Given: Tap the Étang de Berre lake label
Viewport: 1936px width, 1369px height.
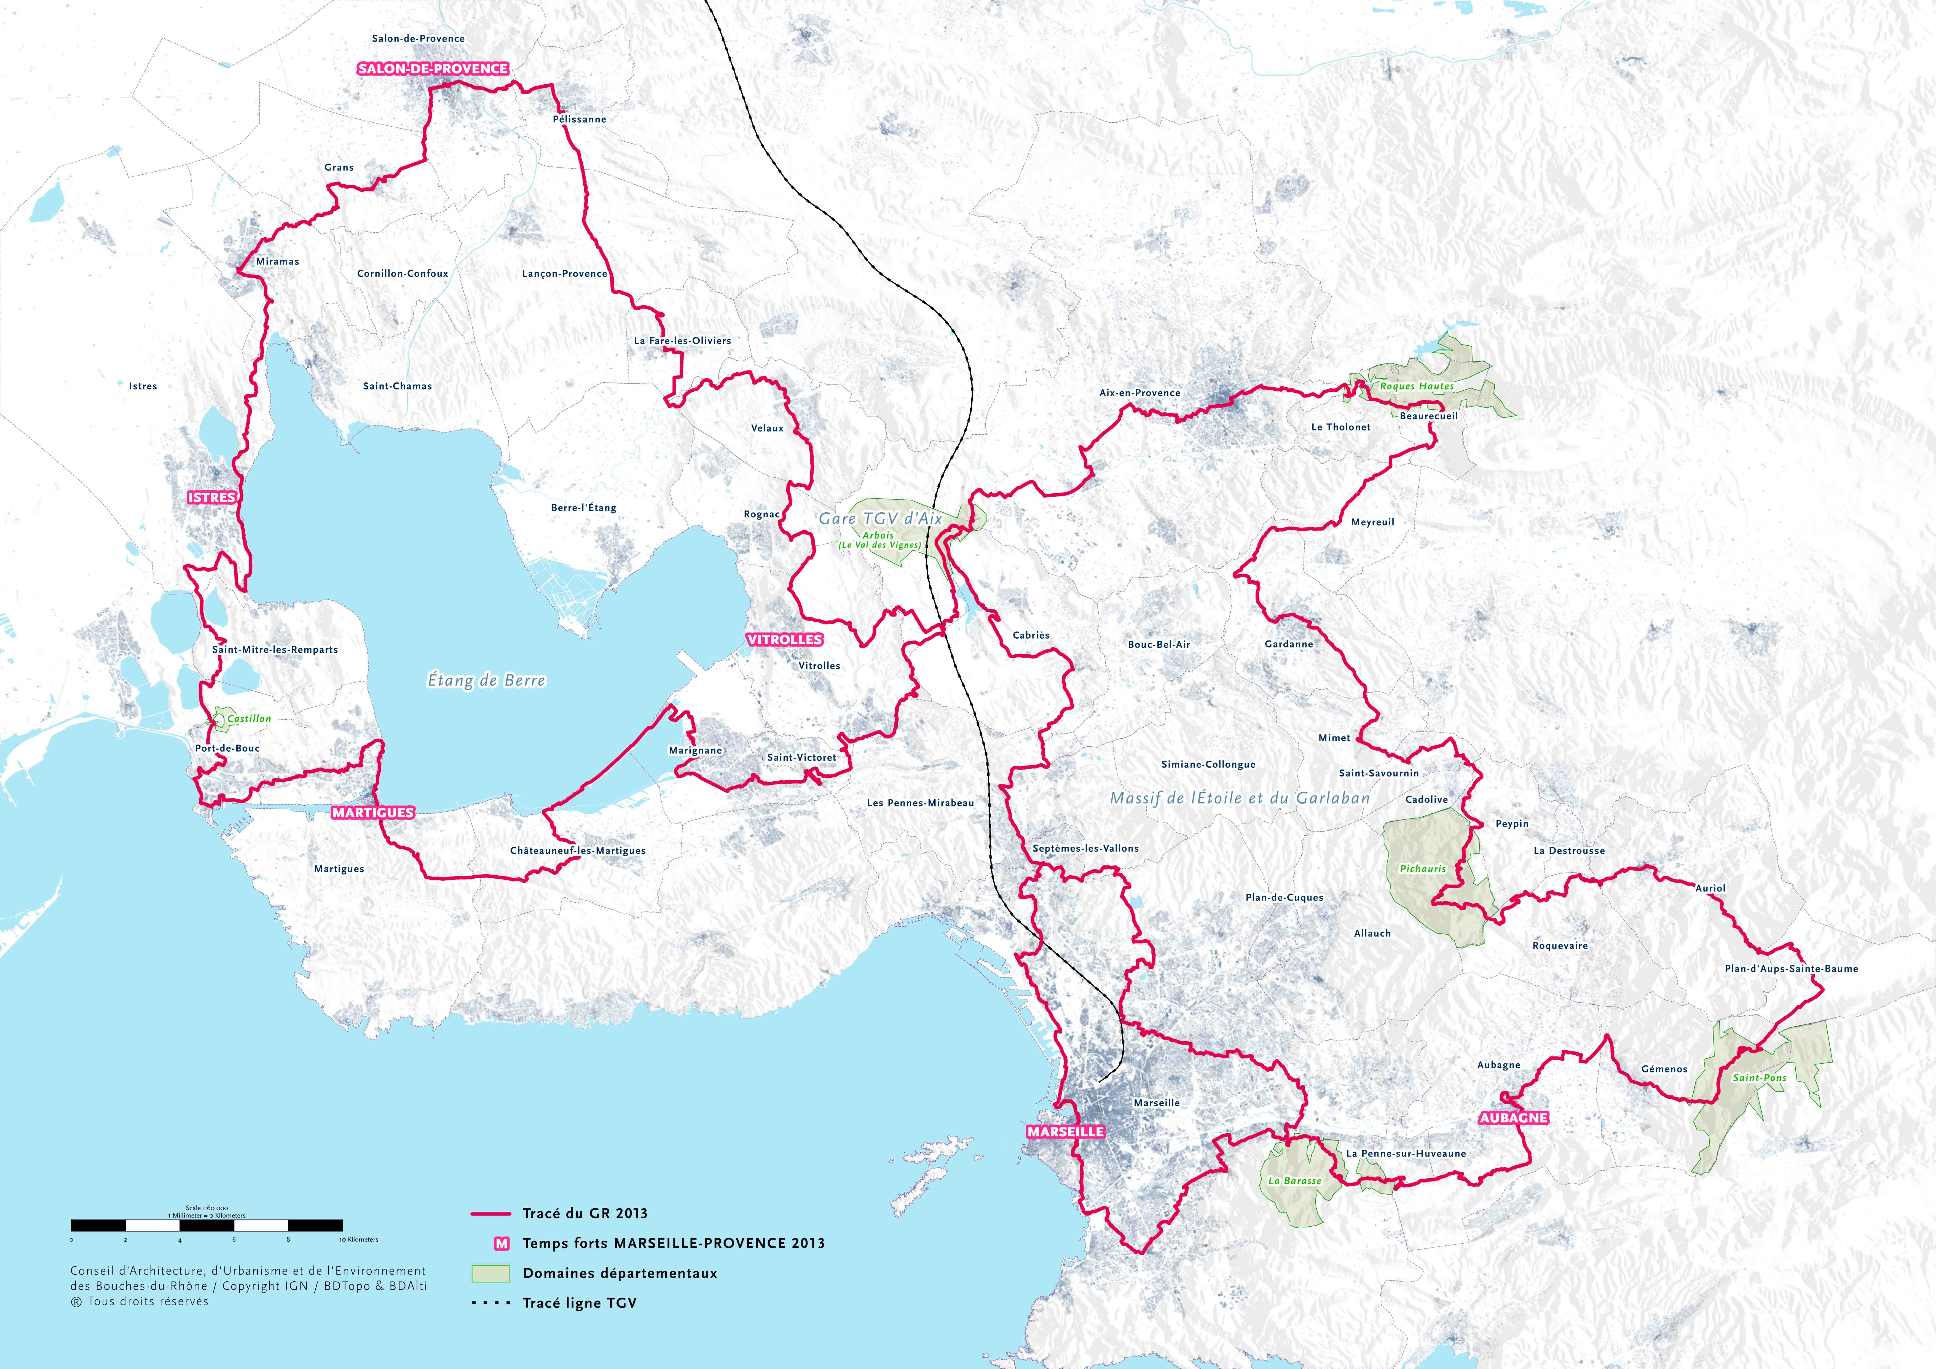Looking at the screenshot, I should tap(487, 680).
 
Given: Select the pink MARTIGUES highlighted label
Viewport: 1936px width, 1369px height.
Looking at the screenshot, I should tap(373, 813).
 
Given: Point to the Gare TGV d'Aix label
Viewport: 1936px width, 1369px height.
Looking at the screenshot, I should tap(880, 518).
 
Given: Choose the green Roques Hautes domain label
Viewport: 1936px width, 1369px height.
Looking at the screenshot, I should tap(1417, 386).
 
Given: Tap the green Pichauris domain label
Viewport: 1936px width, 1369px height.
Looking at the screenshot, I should tap(1422, 868).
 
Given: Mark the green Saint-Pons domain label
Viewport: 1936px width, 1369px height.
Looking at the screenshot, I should tap(1759, 1077).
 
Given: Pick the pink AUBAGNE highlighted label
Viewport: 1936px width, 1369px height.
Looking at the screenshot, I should tap(1514, 1118).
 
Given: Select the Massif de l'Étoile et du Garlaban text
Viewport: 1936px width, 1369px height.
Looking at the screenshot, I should tap(1240, 797).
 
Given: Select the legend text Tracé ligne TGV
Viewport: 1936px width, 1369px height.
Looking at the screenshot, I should tap(579, 1303).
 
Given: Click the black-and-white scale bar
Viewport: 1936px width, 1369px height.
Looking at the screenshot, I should tap(207, 1225).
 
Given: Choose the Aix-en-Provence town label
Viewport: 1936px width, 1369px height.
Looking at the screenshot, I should tap(1139, 393).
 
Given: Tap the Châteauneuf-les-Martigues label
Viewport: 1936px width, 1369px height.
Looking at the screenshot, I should tap(578, 851).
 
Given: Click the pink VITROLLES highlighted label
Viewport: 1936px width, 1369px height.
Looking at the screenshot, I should tap(784, 640).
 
